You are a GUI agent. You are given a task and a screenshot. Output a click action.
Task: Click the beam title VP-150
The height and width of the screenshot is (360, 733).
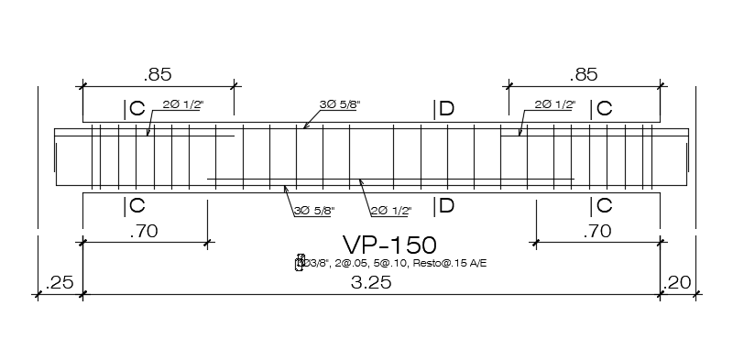click(x=388, y=245)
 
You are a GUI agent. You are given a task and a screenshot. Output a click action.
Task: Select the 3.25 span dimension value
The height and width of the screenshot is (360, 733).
click(x=372, y=283)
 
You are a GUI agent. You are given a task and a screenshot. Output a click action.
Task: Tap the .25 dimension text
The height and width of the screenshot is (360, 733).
click(x=58, y=283)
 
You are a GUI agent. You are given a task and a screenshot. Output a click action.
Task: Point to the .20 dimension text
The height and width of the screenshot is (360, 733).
click(x=680, y=283)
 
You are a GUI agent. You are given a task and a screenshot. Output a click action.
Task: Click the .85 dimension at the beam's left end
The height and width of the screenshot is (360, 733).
click(x=159, y=74)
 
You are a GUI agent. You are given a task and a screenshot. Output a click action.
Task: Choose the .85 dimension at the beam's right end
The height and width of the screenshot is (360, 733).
click(x=583, y=74)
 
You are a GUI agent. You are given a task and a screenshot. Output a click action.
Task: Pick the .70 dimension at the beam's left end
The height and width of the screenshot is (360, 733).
click(x=145, y=232)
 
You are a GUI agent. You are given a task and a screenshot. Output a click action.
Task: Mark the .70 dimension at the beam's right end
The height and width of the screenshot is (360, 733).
click(x=596, y=232)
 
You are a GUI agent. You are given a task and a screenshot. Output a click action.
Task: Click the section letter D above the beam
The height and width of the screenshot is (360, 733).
click(x=445, y=109)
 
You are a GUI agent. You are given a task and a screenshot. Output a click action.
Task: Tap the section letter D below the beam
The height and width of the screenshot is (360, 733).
click(x=445, y=205)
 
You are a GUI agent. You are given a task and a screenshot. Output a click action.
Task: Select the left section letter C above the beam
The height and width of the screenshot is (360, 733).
click(x=137, y=109)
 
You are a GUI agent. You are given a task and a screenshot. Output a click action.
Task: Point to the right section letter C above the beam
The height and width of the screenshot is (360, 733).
click(x=605, y=109)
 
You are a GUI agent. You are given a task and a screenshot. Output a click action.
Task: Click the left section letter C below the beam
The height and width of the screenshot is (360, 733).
click(x=137, y=205)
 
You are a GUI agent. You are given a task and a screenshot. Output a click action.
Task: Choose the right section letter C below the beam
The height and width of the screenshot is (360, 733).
click(x=605, y=205)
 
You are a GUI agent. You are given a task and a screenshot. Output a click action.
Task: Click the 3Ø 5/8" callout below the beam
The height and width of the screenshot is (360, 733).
click(x=313, y=211)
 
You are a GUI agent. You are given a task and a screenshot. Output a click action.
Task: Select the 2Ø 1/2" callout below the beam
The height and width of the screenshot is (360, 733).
click(x=390, y=211)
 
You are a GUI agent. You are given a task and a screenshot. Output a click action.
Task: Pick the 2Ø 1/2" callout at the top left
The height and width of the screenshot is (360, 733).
click(x=182, y=105)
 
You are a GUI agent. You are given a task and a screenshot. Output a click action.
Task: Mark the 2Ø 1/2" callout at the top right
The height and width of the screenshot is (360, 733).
click(x=555, y=105)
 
